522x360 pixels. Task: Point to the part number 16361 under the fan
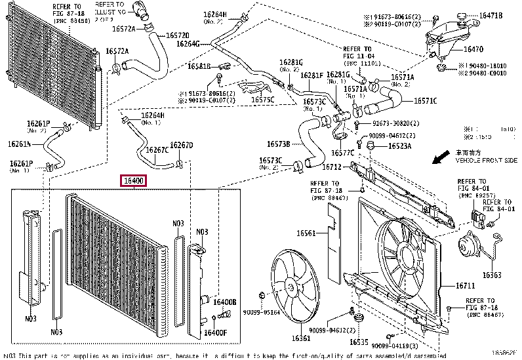(302, 338)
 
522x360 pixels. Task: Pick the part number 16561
(305, 233)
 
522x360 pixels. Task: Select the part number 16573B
(279, 144)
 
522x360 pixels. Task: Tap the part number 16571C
(424, 101)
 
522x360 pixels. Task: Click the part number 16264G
(188, 44)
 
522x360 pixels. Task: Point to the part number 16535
(358, 342)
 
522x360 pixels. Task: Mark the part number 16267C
(157, 150)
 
